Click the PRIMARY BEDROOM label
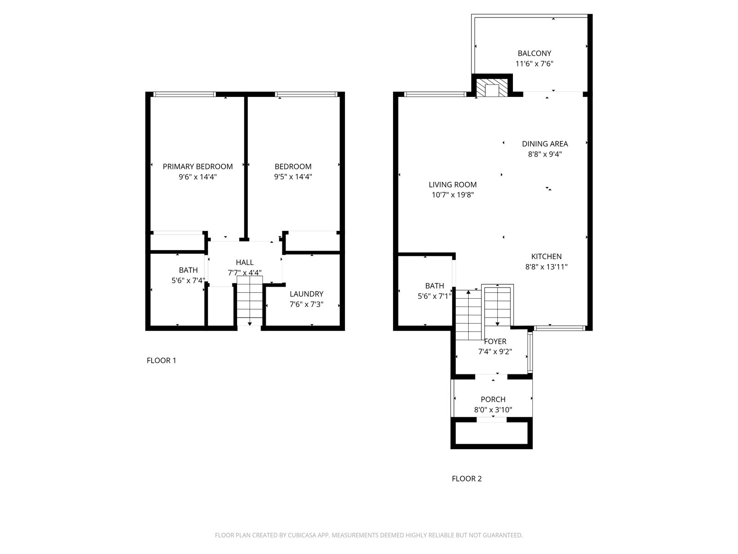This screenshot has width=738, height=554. click(198, 167)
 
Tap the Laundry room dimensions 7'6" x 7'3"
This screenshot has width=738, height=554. click(306, 304)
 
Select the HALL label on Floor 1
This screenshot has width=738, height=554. click(245, 262)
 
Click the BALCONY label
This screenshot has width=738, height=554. click(535, 53)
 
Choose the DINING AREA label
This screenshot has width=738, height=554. click(545, 144)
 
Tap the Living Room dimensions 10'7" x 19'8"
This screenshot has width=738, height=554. click(453, 195)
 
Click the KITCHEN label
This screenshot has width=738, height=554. click(547, 256)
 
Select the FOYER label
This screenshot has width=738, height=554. click(495, 342)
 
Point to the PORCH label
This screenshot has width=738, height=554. click(493, 399)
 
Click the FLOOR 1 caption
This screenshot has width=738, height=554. click(161, 361)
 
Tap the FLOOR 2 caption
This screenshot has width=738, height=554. click(467, 479)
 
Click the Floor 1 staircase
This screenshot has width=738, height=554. click(250, 301)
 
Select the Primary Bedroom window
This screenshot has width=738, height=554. click(184, 95)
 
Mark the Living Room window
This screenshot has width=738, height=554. click(435, 95)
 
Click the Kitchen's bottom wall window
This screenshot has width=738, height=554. click(559, 328)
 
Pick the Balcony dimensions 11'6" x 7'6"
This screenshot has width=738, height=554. click(535, 64)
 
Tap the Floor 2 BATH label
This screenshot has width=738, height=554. click(434, 286)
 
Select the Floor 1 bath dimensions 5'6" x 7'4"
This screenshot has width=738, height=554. click(188, 281)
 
